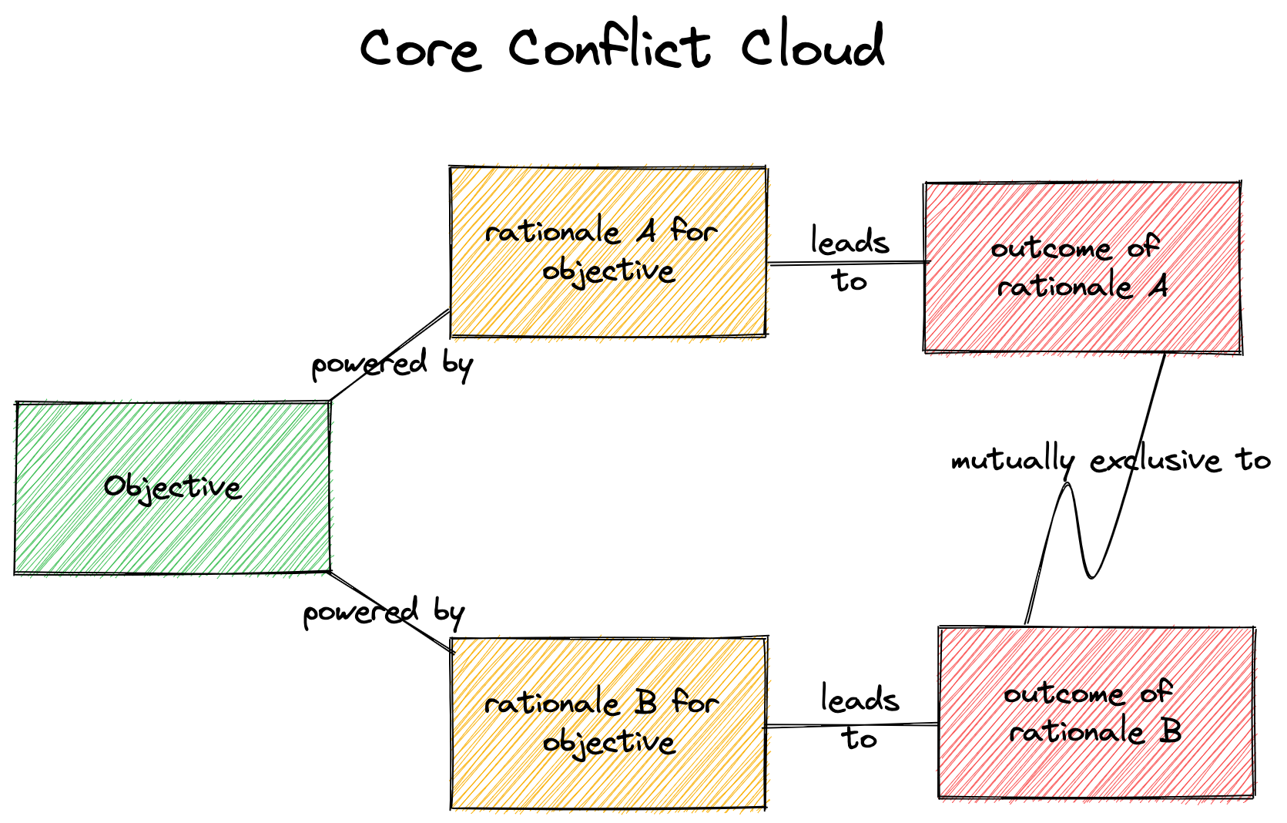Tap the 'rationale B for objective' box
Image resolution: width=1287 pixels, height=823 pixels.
[608, 778]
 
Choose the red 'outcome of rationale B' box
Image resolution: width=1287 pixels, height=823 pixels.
[1096, 771]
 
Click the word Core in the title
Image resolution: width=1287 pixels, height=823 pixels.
[420, 48]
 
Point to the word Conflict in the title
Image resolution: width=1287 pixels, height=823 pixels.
[608, 46]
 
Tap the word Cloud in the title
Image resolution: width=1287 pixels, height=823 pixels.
[813, 46]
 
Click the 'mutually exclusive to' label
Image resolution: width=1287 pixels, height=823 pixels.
[1110, 460]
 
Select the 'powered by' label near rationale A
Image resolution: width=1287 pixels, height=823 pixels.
[391, 364]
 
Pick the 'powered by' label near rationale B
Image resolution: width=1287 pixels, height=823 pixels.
[384, 613]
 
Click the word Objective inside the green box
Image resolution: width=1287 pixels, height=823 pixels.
[173, 486]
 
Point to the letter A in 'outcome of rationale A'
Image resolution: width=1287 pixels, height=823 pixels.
[1158, 287]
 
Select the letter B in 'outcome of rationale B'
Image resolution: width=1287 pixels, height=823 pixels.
[1171, 731]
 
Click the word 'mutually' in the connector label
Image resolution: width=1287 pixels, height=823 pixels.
[1012, 461]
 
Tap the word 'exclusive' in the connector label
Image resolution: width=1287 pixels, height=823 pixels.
[1155, 461]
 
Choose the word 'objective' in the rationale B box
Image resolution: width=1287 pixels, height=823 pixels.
[608, 742]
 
